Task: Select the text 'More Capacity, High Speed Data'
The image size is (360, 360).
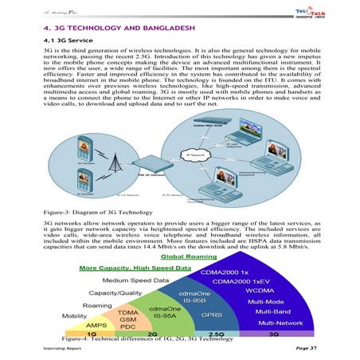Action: point(135,268)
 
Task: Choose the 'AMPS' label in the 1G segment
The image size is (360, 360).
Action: point(96,325)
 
